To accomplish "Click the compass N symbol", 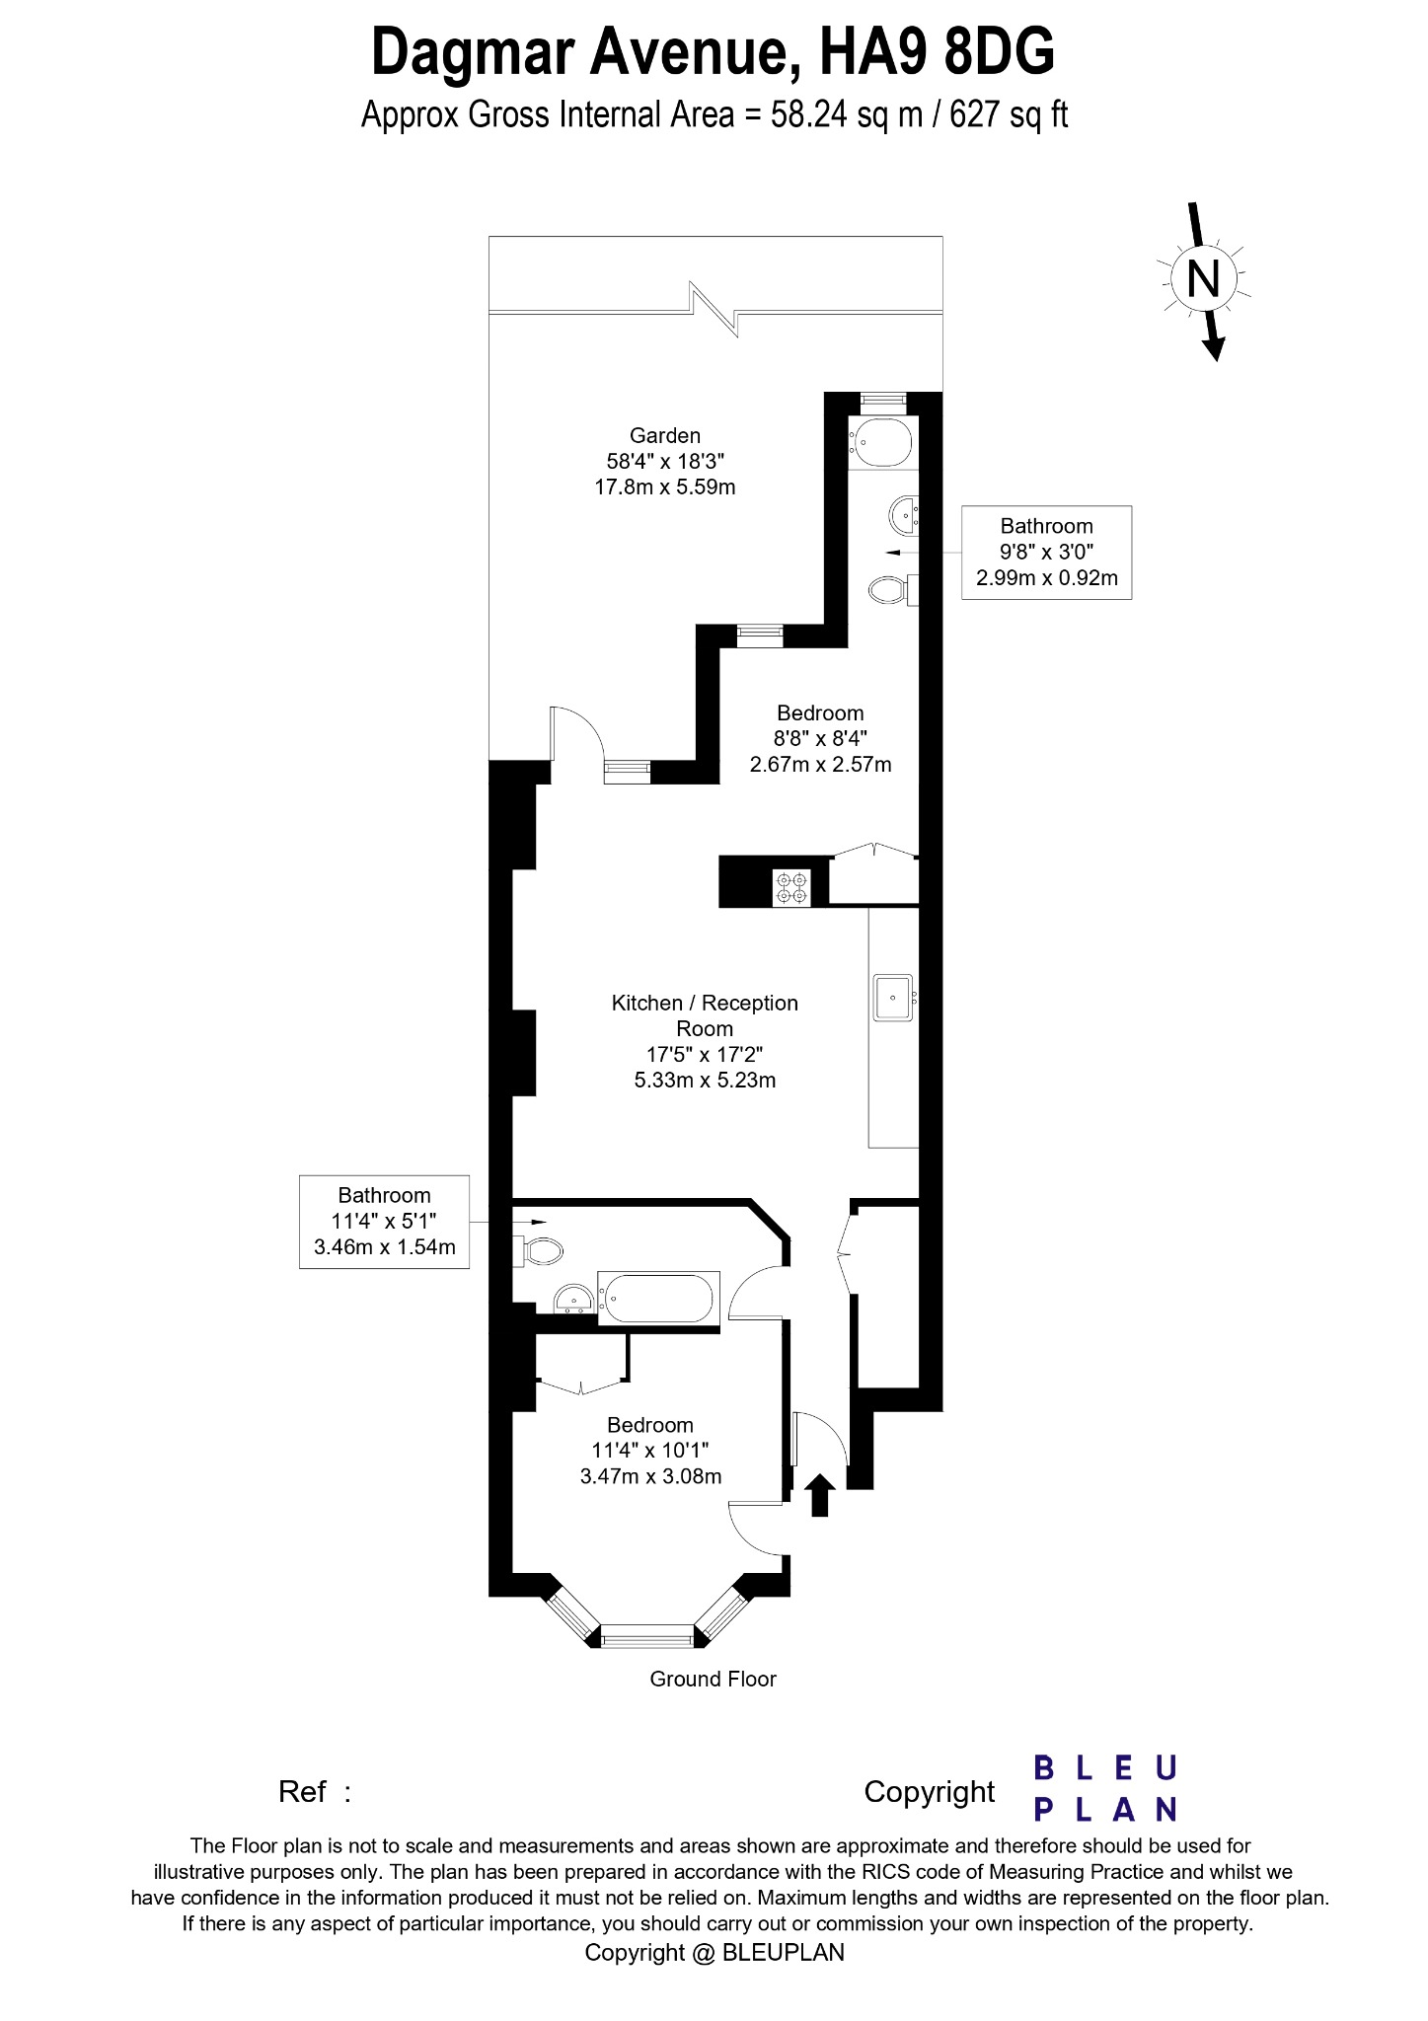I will tap(1203, 279).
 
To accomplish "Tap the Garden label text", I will tap(665, 435).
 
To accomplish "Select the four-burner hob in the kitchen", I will tap(791, 887).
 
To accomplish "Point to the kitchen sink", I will tap(893, 998).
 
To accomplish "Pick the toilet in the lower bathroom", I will tap(540, 1251).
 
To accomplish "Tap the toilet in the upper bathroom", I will tap(888, 591).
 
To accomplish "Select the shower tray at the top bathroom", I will tap(880, 442).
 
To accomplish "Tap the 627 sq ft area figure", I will tap(1009, 115).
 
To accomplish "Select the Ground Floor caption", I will tap(713, 1680).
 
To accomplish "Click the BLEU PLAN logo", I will tap(1105, 1788).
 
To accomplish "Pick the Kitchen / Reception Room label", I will tap(705, 1015).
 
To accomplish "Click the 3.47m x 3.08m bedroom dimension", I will tap(650, 1477).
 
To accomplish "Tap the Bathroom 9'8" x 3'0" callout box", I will tap(1046, 552).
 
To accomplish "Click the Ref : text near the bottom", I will tap(315, 1792).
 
